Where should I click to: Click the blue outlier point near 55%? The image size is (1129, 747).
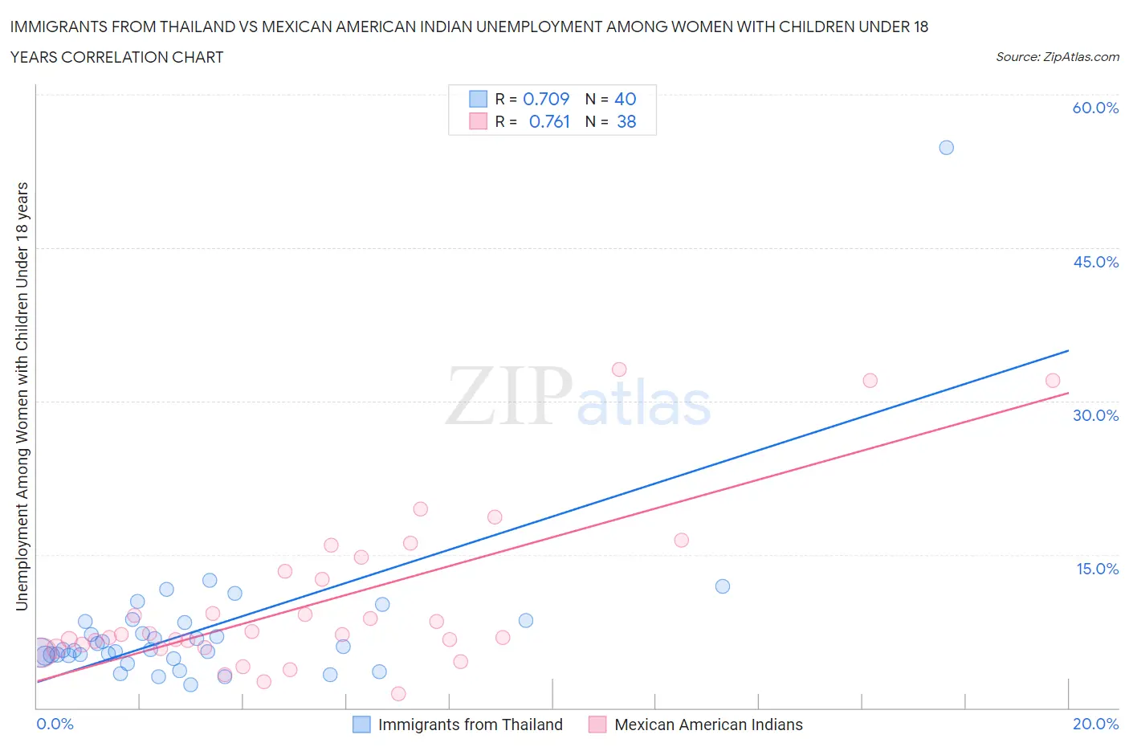[946, 148]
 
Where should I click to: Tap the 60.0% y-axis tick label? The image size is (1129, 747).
[1095, 108]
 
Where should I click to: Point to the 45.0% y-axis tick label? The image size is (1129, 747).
[1095, 262]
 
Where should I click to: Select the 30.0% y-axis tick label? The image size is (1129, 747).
[1095, 415]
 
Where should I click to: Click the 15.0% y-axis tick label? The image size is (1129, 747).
[1097, 569]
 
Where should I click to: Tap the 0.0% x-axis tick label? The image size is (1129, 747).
[55, 724]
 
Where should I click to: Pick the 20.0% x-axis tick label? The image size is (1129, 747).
[1095, 724]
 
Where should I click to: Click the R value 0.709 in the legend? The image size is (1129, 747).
[546, 99]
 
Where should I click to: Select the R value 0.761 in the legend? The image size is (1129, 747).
[549, 121]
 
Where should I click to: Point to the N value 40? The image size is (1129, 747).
[625, 99]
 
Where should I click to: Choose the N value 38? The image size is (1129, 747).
[626, 121]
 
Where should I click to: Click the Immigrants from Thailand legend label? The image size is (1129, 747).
[470, 725]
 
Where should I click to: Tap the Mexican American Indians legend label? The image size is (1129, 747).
[708, 725]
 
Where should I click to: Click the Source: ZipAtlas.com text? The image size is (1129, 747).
[1057, 57]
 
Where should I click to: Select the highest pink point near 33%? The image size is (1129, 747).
[619, 369]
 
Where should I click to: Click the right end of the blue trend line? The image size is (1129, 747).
[1068, 350]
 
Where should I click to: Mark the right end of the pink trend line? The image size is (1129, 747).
[1068, 393]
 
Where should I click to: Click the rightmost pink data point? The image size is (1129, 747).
[1053, 381]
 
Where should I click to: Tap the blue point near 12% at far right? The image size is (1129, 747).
[723, 586]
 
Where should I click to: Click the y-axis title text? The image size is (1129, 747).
[22, 396]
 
